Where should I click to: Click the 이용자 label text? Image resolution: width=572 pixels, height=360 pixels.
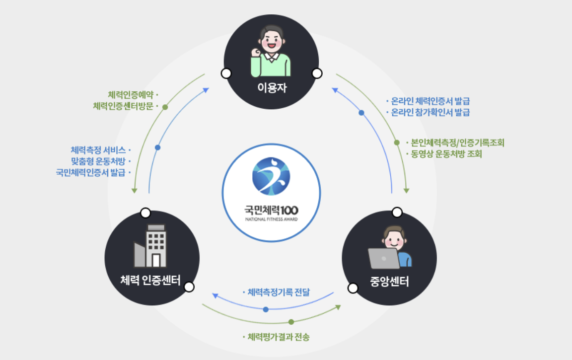click(271, 88)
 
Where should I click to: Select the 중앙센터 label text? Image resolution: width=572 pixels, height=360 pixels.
click(389, 282)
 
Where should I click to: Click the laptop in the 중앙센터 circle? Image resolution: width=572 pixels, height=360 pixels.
click(383, 258)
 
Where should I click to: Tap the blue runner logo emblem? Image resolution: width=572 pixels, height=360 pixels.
click(271, 176)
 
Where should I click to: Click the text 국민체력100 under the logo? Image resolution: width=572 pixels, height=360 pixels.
click(271, 210)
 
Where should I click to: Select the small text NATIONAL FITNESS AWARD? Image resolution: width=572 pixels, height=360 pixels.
click(271, 219)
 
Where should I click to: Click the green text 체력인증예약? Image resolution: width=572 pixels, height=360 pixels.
click(130, 94)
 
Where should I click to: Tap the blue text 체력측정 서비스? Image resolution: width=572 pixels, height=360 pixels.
click(98, 149)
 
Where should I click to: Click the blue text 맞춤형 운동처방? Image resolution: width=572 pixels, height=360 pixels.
click(98, 161)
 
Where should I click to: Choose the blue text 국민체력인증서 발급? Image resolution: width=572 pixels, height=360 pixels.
click(91, 172)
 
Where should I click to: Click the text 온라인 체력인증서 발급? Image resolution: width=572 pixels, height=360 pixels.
click(430, 101)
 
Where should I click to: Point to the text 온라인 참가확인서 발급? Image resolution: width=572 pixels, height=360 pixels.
click(430, 112)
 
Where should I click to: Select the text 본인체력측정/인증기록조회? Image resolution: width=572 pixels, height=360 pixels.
click(457, 143)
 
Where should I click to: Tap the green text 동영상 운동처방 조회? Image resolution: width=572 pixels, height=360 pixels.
click(446, 154)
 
